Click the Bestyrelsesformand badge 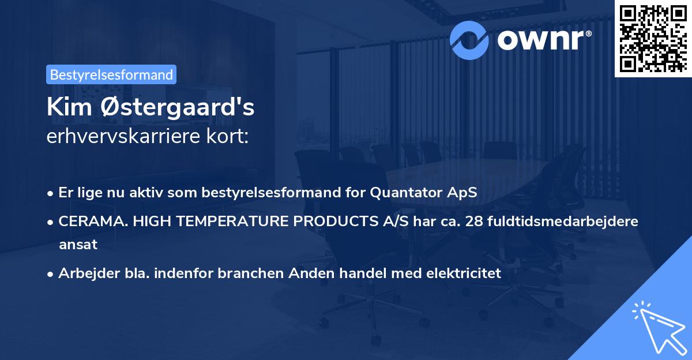tap(111, 74)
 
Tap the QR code tap(653, 38)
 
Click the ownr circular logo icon tap(469, 39)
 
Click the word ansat tap(78, 244)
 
